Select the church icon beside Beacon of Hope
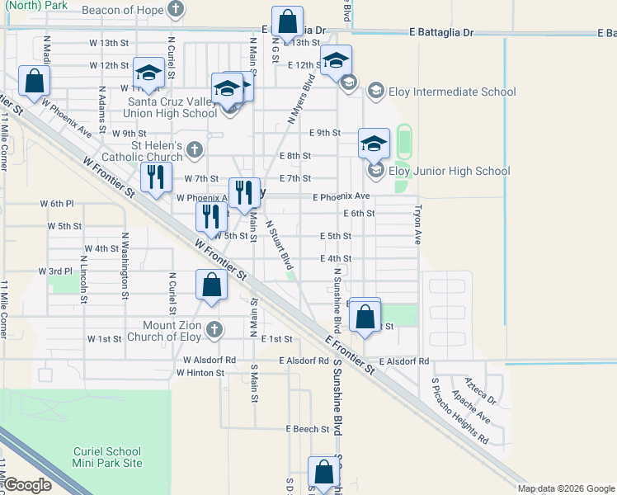tap(175, 9)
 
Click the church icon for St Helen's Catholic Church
tap(194, 149)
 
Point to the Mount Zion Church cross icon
tap(214, 329)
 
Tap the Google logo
tap(27, 485)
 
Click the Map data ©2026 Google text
tap(566, 488)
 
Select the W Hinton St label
tap(200, 373)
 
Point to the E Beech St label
tap(307, 429)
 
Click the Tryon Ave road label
tap(418, 224)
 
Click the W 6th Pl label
tap(57, 203)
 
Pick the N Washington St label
tap(125, 266)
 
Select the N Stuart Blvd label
tap(280, 244)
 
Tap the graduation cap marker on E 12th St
tap(336, 60)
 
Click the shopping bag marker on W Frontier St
tap(212, 285)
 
